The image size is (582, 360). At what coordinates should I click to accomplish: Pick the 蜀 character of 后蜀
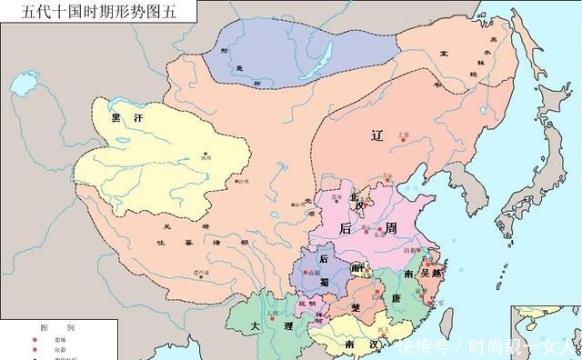pos(324,282)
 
